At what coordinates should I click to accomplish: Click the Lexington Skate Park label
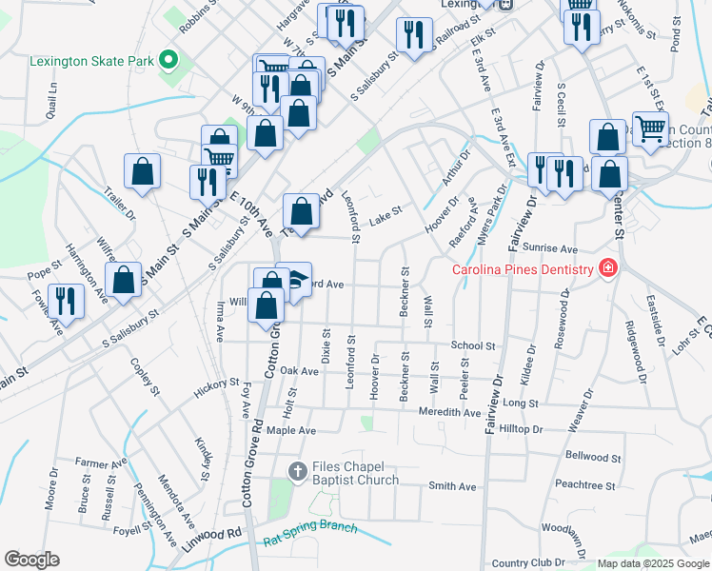pos(91,61)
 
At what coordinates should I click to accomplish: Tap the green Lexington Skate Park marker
pos(168,61)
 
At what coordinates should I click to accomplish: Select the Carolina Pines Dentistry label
pos(523,269)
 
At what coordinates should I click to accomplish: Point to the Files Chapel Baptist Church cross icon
pos(297,470)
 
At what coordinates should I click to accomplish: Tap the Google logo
pos(30,560)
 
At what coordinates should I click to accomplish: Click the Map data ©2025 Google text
pos(652,563)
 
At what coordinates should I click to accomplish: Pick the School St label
pos(473,346)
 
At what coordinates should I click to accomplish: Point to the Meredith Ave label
pos(450,412)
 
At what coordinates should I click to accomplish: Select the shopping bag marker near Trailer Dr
pos(142,172)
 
